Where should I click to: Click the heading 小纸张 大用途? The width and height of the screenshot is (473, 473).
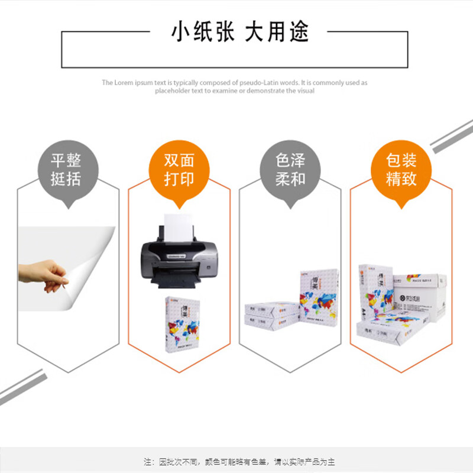(x=240, y=31)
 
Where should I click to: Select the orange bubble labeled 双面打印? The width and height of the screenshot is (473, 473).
(x=179, y=170)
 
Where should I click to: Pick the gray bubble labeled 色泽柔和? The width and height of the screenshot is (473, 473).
(x=290, y=170)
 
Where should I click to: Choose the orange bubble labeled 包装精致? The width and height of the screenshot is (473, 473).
(x=401, y=170)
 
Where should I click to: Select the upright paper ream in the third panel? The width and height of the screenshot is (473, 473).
(x=319, y=296)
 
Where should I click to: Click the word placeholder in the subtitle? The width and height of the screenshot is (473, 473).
(x=173, y=90)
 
